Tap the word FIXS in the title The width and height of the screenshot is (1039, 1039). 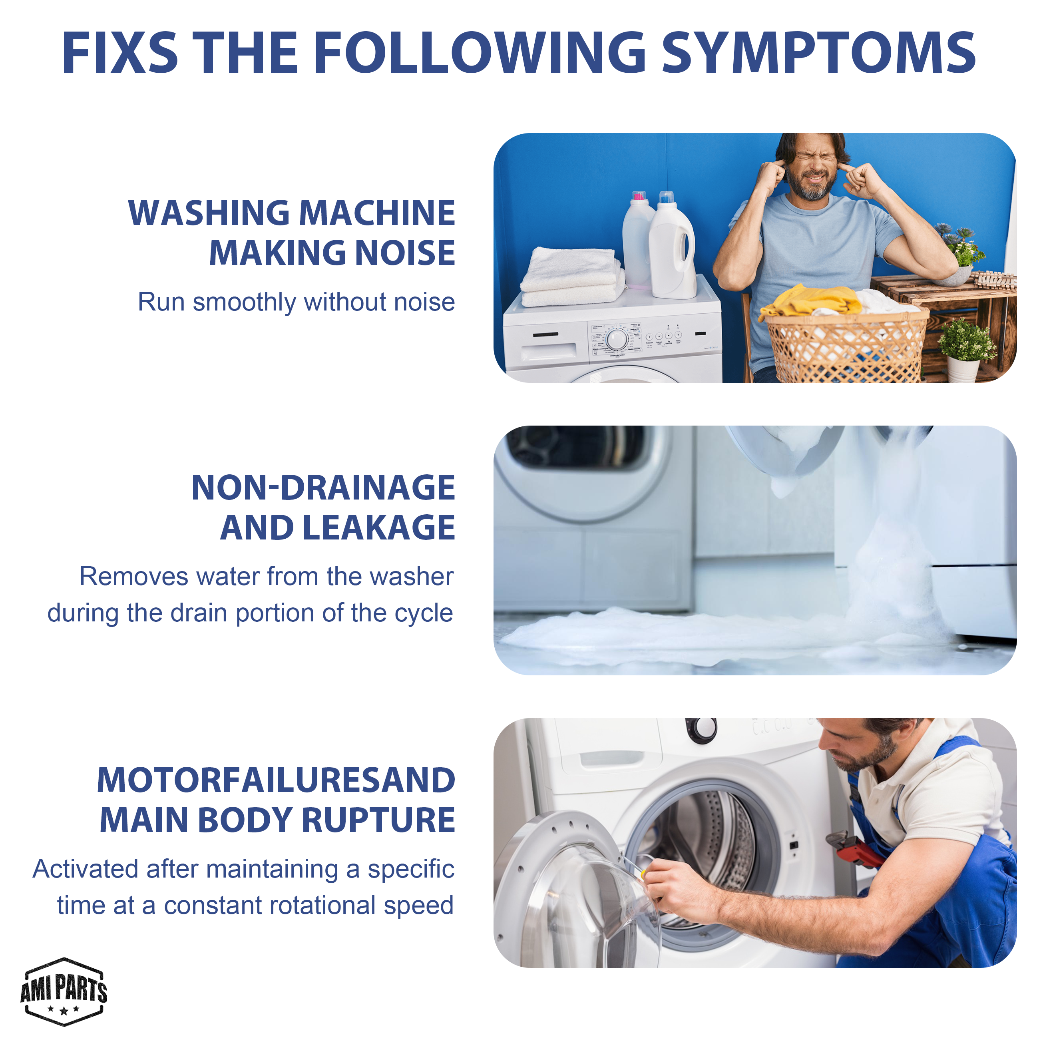[x=119, y=53]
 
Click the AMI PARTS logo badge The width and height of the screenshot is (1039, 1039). [x=64, y=991]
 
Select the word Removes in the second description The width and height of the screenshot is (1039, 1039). [x=134, y=577]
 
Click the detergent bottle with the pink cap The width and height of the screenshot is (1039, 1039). [x=637, y=241]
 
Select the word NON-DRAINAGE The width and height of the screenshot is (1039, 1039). [x=323, y=488]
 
